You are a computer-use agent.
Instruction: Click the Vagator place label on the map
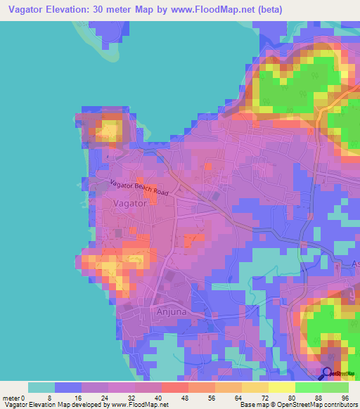(129, 202)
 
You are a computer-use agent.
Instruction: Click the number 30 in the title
(124, 9)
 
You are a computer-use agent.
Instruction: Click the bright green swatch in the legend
(309, 387)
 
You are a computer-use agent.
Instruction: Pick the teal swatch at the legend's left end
(41, 387)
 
